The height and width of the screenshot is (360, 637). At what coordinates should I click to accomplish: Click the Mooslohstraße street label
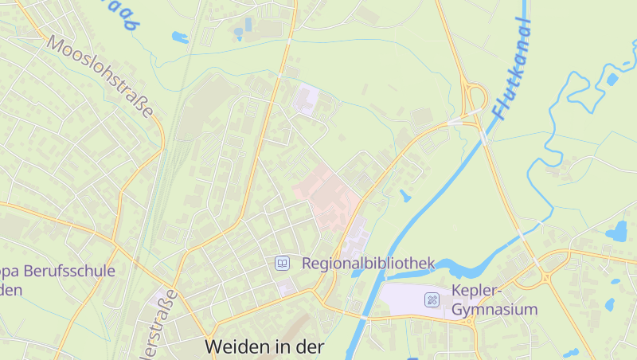tap(100, 76)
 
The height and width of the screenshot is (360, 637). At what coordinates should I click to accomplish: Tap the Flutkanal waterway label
tap(511, 69)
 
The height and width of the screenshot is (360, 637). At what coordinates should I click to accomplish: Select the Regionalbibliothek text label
tap(368, 263)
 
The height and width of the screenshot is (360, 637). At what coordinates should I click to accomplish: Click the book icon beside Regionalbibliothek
tap(281, 263)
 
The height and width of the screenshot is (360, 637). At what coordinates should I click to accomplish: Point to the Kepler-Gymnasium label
tap(494, 299)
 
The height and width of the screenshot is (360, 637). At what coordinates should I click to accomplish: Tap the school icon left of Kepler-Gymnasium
tap(432, 300)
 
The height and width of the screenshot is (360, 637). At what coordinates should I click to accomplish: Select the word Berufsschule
tap(69, 271)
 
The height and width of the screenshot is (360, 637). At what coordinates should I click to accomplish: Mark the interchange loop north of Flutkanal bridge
tap(476, 100)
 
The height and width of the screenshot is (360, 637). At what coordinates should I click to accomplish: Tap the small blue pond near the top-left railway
tap(180, 37)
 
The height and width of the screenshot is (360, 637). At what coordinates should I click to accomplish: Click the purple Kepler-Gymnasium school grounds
tap(406, 299)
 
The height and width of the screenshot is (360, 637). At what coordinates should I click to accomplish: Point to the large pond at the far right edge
tap(617, 233)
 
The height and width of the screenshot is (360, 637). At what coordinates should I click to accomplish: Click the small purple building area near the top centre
tap(306, 100)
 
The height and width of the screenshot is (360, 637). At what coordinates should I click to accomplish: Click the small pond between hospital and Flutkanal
tap(405, 195)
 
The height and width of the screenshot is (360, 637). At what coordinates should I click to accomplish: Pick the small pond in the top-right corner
tap(612, 80)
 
